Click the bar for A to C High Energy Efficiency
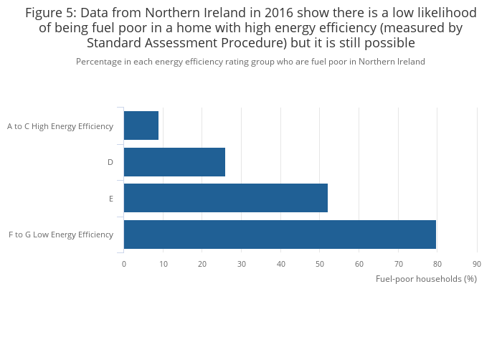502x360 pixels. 141,125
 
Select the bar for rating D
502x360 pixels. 174,162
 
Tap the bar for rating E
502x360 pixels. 225,198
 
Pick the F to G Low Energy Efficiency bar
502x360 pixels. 280,235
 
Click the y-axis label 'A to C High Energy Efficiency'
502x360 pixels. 60,126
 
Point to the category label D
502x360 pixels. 110,162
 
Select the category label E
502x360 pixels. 111,199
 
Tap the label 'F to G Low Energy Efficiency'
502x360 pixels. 61,235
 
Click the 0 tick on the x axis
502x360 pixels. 124,264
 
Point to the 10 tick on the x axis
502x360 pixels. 164,264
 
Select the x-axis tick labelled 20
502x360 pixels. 202,264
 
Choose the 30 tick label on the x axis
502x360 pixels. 242,264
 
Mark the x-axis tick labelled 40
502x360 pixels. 281,264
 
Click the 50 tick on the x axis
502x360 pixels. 320,264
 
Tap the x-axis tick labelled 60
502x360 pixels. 359,264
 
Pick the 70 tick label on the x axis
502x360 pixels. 399,264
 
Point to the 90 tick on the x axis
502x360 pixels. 477,264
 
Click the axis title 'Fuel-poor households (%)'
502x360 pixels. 426,279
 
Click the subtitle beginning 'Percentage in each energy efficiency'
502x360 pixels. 250,62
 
